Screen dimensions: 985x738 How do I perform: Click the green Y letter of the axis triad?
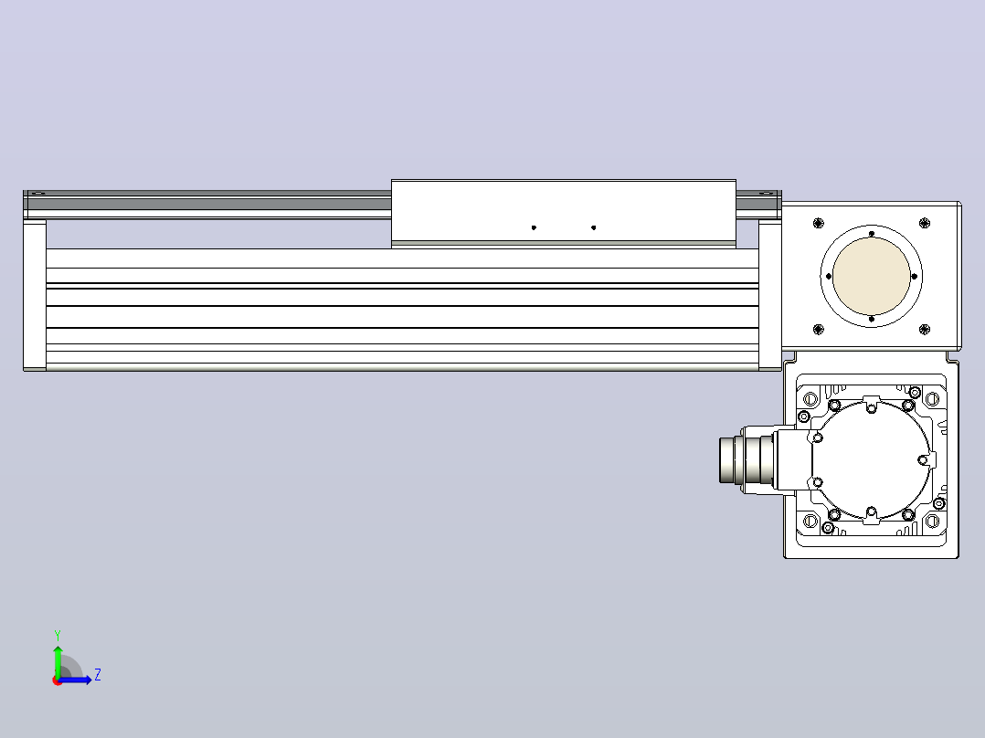[x=58, y=635]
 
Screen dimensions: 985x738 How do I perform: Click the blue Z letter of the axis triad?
[x=98, y=675]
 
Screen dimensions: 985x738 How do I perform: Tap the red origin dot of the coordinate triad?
[x=58, y=680]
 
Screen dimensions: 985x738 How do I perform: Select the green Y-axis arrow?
[x=58, y=661]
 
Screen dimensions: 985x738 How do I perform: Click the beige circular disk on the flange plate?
[x=872, y=277]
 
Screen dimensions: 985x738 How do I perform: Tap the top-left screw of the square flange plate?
[x=818, y=223]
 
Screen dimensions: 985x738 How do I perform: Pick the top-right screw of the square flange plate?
[x=924, y=223]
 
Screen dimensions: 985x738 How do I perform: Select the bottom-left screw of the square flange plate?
[x=818, y=329]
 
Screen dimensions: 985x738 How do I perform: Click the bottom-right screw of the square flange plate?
[x=924, y=329]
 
